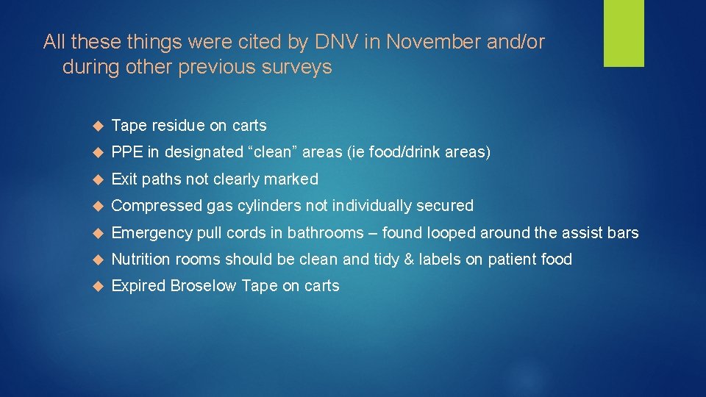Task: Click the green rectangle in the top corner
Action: (624, 33)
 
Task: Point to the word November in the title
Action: (434, 43)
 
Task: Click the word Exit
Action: (124, 179)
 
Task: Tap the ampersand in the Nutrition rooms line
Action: (410, 260)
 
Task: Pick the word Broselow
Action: (203, 286)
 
